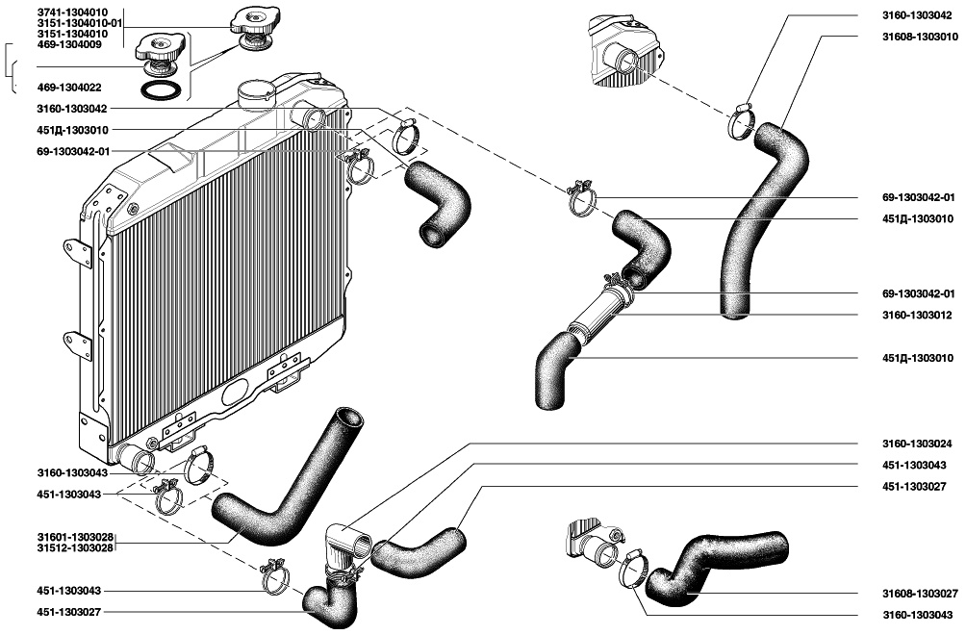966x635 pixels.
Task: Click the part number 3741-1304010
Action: point(72,13)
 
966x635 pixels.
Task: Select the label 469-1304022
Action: point(69,88)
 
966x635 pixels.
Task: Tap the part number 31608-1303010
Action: point(920,37)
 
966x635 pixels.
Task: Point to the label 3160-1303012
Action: point(917,316)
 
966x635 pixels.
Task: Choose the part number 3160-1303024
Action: point(917,444)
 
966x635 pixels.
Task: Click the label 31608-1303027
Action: point(920,594)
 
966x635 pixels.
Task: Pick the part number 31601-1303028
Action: point(75,537)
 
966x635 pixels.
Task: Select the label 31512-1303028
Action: point(75,547)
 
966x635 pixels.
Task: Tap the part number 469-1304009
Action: point(69,44)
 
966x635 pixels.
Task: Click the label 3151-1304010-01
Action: point(80,23)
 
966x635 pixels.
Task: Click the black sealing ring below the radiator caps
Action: point(161,89)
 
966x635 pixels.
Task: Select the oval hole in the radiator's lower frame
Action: point(235,391)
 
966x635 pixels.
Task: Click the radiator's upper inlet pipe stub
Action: point(311,117)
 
